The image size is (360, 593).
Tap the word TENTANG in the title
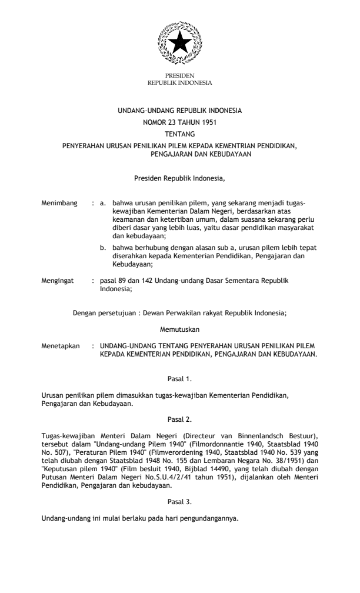[180, 133]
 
